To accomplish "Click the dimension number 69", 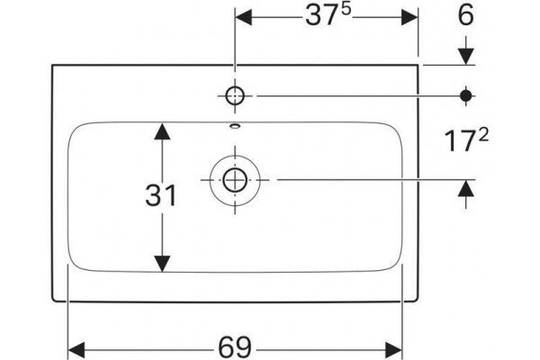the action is [x=236, y=348].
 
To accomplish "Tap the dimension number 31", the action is [x=161, y=195].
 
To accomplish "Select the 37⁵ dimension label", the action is [x=328, y=15].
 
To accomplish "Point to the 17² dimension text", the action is [x=466, y=140].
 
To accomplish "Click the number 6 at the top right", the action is [x=466, y=14].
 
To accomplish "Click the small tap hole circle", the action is [x=235, y=95].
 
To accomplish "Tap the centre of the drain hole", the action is [x=235, y=180].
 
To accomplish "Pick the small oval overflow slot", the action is [x=235, y=126].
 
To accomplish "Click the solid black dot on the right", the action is [x=466, y=95].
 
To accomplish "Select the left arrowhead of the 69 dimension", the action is [x=76, y=350].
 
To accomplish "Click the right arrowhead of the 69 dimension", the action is [x=394, y=350].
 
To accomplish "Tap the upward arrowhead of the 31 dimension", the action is [x=162, y=131].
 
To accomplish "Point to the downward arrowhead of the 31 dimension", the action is [x=162, y=264].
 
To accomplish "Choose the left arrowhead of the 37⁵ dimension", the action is [x=244, y=17].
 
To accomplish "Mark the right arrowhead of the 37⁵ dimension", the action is [x=409, y=17].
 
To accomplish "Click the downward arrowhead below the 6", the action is [x=466, y=56].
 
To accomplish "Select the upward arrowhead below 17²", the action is [x=466, y=188].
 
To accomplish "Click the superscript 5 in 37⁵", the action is [x=346, y=10].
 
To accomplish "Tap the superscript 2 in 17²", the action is [x=483, y=135].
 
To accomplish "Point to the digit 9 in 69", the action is [x=244, y=348].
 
